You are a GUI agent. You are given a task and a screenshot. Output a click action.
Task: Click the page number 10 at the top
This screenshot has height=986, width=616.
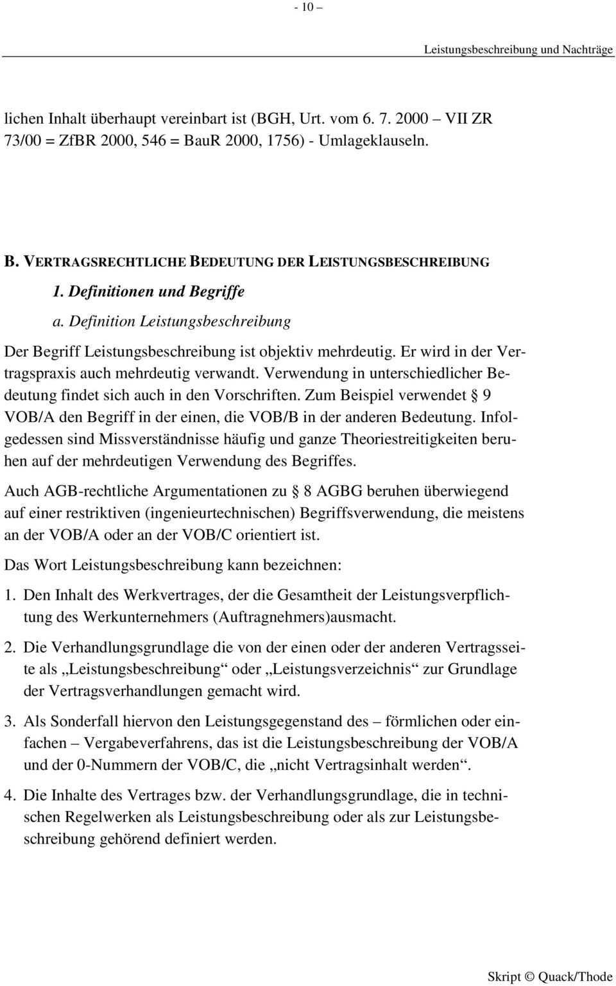[x=307, y=8]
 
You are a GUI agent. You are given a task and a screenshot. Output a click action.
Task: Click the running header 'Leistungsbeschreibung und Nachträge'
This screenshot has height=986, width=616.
[x=518, y=49]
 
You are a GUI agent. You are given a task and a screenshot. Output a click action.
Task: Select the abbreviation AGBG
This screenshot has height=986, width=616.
[x=339, y=491]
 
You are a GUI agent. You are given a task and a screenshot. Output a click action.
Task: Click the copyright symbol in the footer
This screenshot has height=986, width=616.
[x=529, y=976]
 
